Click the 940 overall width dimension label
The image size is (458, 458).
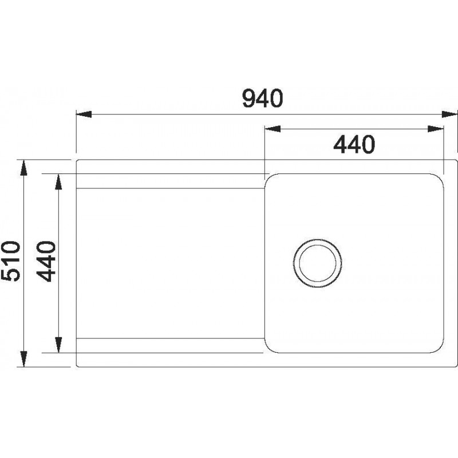coord(263,98)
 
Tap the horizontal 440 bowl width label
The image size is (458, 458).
coord(354,144)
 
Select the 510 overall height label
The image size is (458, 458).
coord(11,261)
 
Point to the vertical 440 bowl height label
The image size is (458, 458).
coord(46,261)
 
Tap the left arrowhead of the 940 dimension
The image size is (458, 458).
coord(84,114)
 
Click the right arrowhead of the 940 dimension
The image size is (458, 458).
coord(449,114)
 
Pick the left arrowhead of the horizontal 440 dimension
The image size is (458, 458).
coord(273,129)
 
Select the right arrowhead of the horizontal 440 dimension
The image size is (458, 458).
coord(436,129)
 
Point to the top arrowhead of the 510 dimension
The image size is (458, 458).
coord(24,168)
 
